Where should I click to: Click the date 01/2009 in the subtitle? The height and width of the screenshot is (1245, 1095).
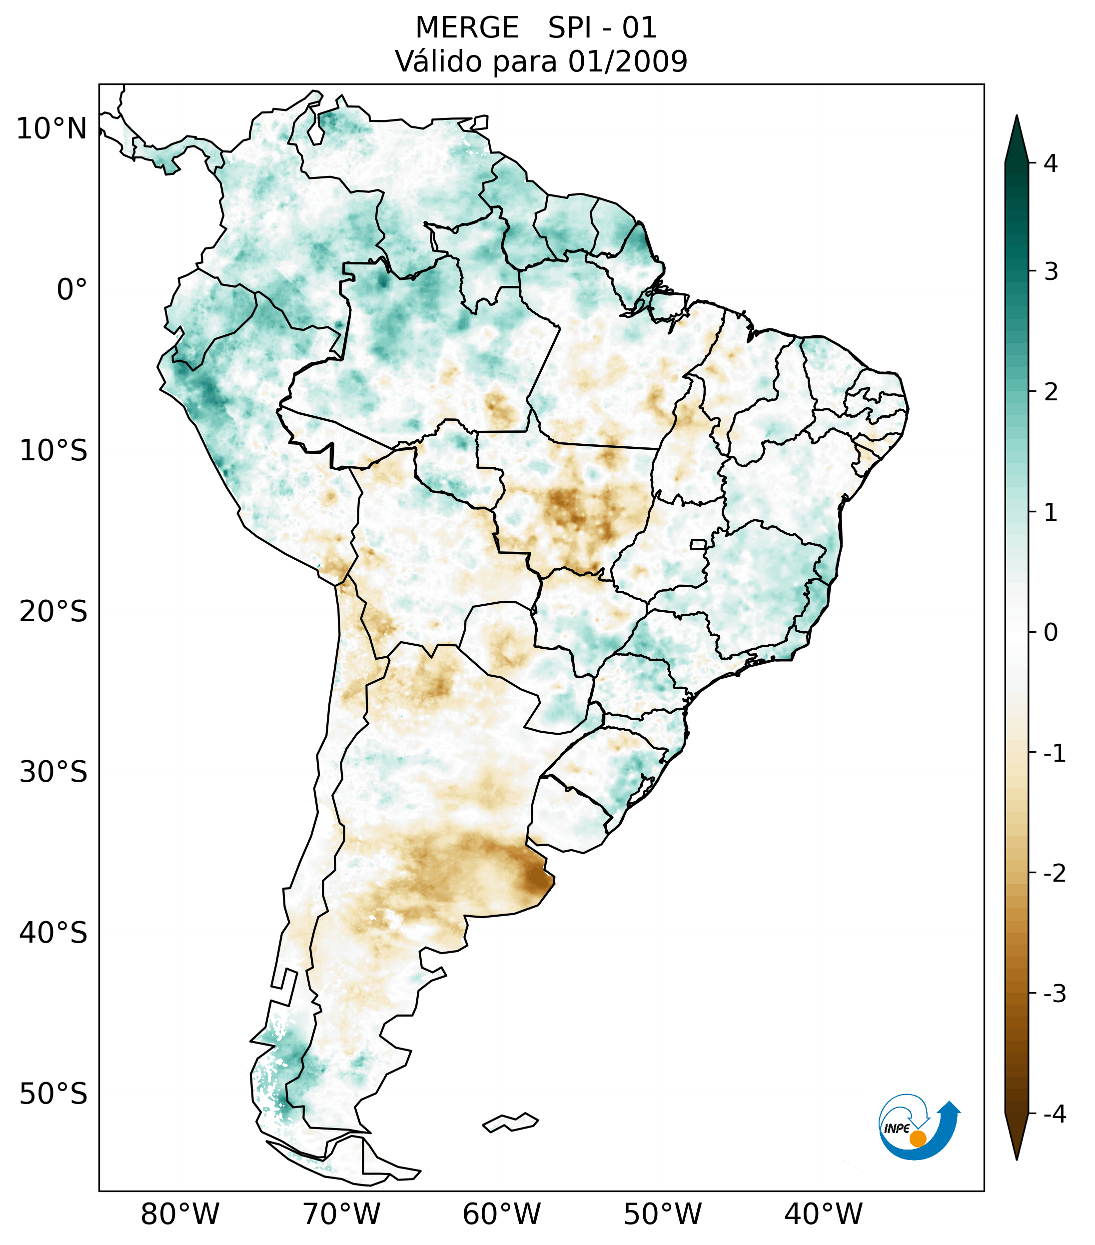627,61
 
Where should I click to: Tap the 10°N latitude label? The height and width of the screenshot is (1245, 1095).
52,129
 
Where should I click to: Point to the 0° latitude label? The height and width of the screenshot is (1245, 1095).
72,290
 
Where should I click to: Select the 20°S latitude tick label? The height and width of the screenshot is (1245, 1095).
53,612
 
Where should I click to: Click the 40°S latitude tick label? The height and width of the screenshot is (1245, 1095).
53,933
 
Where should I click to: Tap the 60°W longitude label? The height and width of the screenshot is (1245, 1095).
501,1214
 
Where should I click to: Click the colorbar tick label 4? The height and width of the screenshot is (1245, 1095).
1051,163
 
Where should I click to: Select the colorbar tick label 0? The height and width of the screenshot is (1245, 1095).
1051,633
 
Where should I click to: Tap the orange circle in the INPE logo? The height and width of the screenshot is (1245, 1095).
917,1139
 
